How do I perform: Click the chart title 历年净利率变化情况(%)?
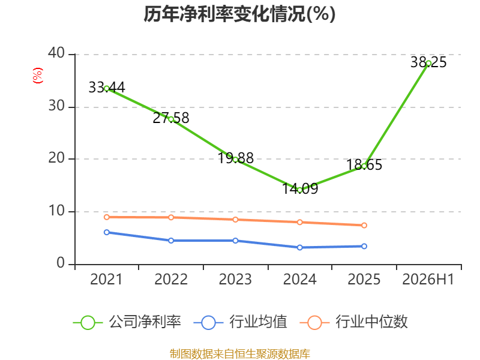click(239, 14)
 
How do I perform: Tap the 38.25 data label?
click(428, 62)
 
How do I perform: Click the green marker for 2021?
click(107, 88)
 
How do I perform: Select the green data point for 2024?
click(299, 190)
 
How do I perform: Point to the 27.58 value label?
click(171, 118)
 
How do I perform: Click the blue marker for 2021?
click(107, 232)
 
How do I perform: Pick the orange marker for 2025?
click(364, 226)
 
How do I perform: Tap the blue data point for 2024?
click(299, 247)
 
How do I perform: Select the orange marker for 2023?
click(235, 220)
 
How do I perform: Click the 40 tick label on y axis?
click(56, 53)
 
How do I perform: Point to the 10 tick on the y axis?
click(56, 211)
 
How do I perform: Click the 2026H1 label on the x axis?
click(428, 279)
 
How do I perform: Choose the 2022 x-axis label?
click(171, 279)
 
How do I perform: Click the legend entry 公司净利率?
click(127, 322)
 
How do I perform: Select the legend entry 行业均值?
click(241, 322)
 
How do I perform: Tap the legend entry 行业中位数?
click(353, 322)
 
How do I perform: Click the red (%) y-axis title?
click(38, 76)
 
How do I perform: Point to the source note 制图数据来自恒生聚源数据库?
click(239, 354)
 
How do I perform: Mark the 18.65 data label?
click(364, 164)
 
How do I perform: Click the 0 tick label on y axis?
click(61, 263)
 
